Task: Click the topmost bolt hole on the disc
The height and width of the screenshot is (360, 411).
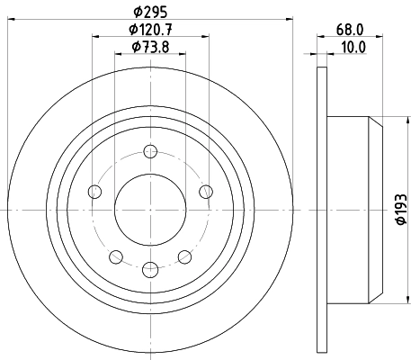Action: click(149, 156)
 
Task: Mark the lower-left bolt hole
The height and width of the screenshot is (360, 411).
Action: click(116, 256)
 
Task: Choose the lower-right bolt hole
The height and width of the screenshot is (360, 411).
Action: click(185, 256)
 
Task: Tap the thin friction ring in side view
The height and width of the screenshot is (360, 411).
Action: click(323, 209)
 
